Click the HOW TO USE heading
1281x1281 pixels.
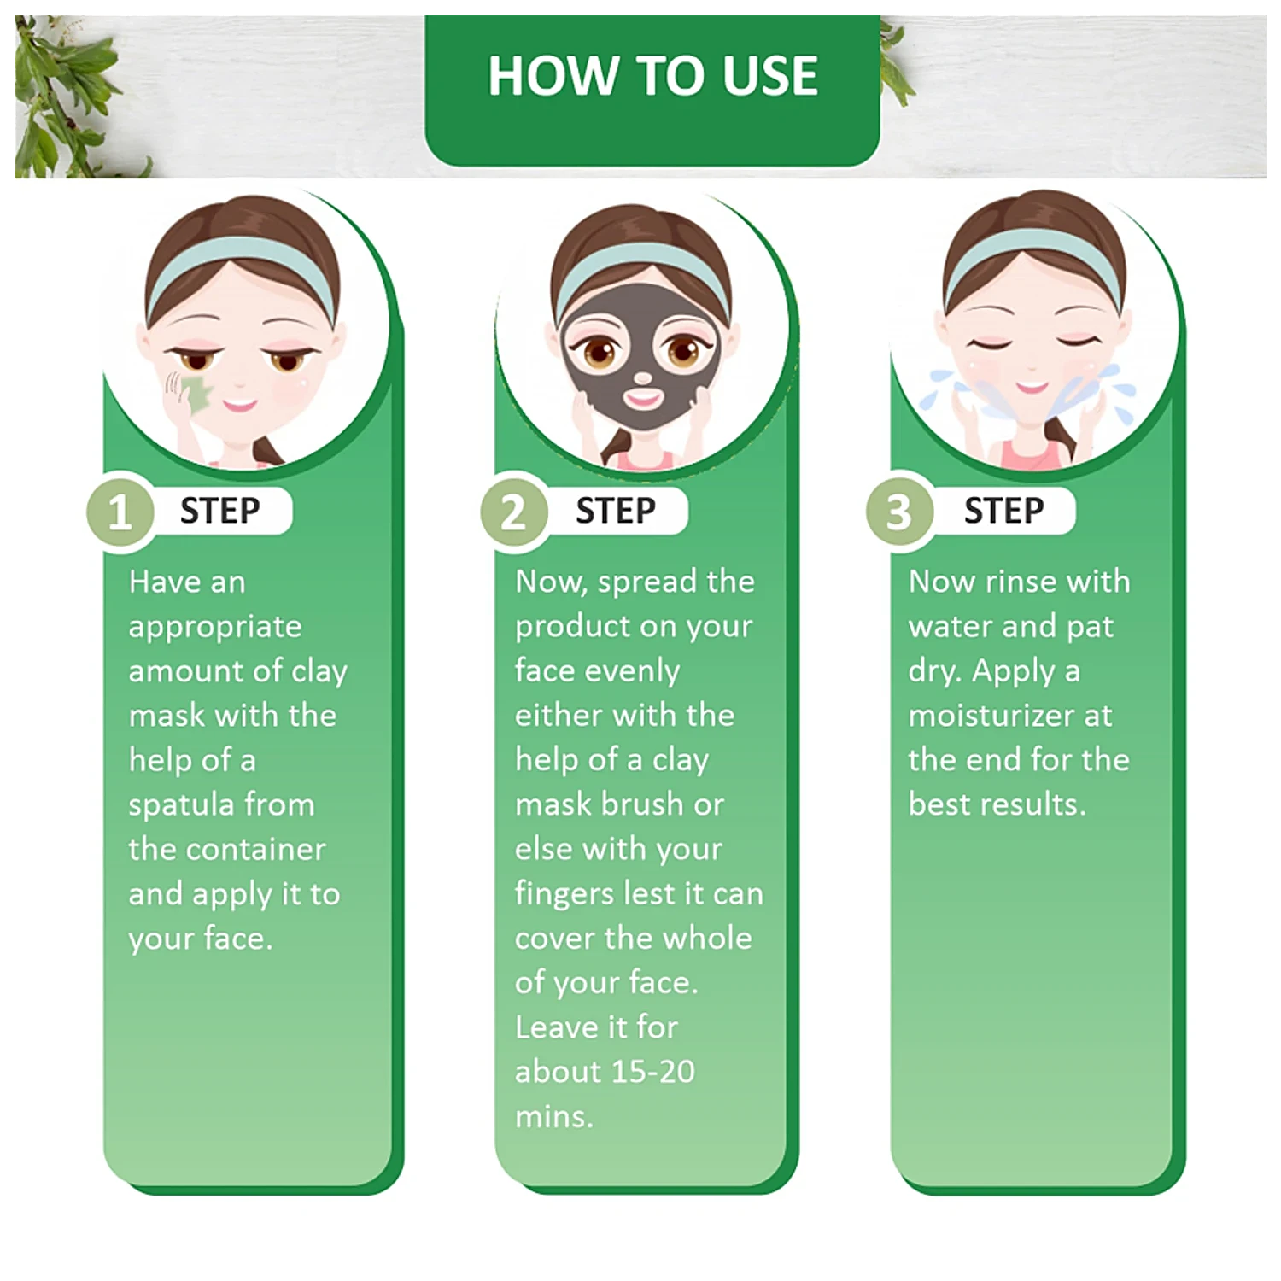pyautogui.click(x=652, y=75)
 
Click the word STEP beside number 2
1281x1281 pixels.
pyautogui.click(x=615, y=511)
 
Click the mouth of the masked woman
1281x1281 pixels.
pyautogui.click(x=643, y=398)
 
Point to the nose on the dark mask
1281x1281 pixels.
pyautogui.click(x=642, y=377)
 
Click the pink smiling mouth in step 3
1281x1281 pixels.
pyautogui.click(x=1032, y=388)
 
